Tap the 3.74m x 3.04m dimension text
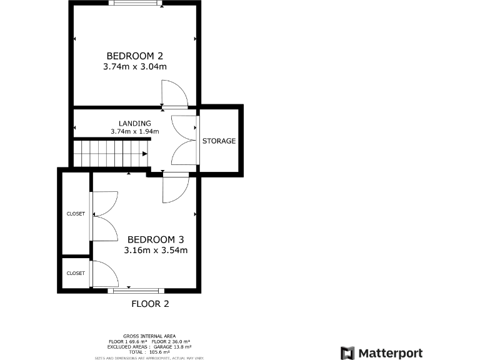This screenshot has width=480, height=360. tap(135, 66)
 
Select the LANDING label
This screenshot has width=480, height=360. tap(134, 123)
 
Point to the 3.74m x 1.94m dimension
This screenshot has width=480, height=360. tap(134, 132)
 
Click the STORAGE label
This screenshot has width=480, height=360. tap(219, 141)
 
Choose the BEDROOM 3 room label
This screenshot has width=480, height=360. tap(156, 239)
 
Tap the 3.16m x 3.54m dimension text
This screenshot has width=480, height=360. tap(156, 251)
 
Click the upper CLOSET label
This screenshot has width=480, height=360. tap(76, 214)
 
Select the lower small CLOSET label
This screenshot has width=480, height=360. tap(76, 273)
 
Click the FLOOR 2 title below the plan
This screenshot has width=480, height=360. tap(150, 304)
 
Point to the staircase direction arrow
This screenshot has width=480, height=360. tap(144, 153)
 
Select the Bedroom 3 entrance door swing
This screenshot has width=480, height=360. tap(175, 187)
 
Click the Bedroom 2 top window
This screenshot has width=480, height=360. tap(135, 3)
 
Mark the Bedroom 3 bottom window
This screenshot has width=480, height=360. tap(136, 291)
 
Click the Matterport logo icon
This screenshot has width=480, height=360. tap(347, 353)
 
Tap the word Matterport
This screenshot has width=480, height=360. tap(390, 353)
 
